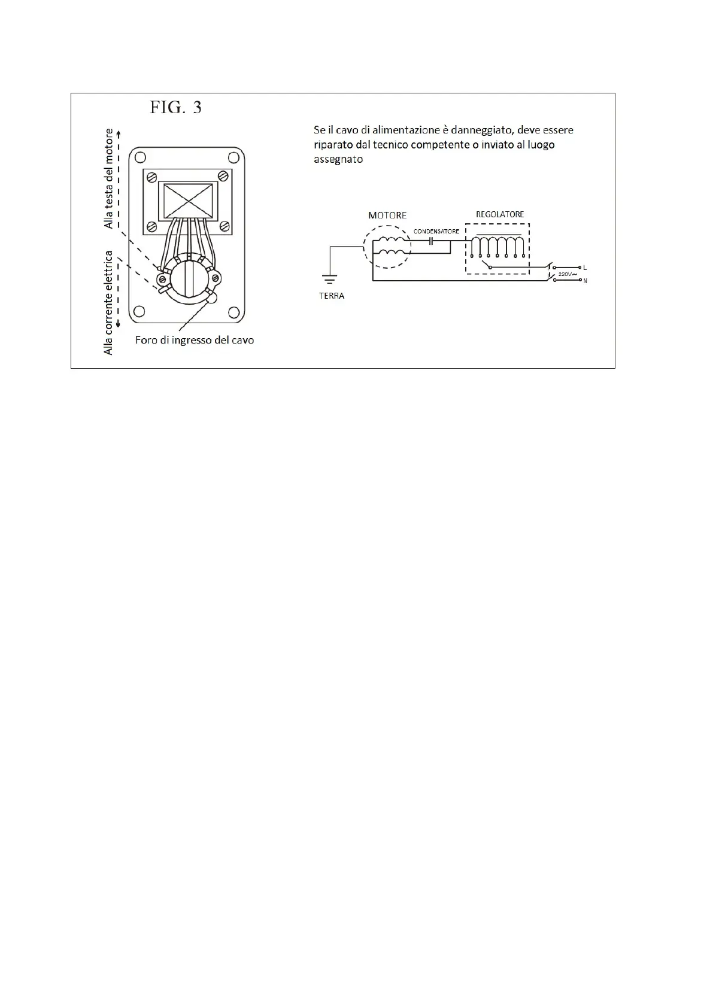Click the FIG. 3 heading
(175, 108)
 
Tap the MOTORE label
(387, 215)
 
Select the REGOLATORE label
(500, 214)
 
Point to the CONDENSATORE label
(436, 231)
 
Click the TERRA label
(332, 296)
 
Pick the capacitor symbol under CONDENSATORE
(431, 241)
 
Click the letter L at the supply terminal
(585, 268)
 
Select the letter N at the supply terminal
(585, 281)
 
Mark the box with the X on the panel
(188, 201)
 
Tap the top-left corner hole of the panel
(140, 157)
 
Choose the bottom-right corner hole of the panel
(234, 312)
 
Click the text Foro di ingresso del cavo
(195, 340)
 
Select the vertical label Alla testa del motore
(109, 178)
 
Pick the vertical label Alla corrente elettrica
(109, 302)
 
